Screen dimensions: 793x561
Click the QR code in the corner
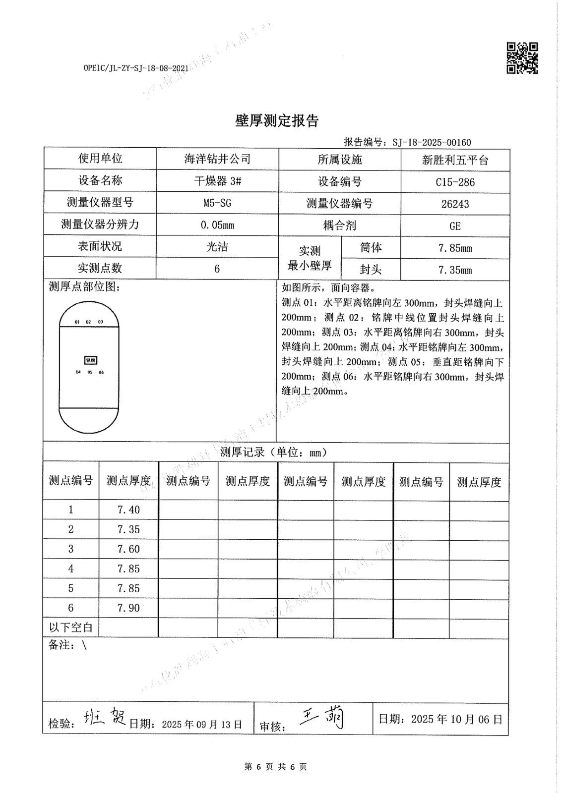[x=522, y=58]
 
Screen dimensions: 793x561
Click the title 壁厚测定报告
[x=276, y=120]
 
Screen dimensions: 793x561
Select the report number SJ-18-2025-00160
[x=432, y=143]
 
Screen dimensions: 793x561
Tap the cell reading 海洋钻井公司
[x=217, y=159]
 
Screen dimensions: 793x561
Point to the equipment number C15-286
[x=455, y=182]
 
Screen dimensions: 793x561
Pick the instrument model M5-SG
[x=217, y=203]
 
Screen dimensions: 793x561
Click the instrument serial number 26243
[x=455, y=204]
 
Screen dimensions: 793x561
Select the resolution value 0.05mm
[x=217, y=225]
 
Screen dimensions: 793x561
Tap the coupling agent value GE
[x=455, y=226]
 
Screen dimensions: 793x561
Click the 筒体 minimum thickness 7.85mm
[x=455, y=248]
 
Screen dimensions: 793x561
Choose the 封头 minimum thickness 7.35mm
[x=455, y=270]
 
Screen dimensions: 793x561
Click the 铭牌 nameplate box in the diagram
[x=90, y=359]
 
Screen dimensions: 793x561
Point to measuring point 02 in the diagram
[x=88, y=322]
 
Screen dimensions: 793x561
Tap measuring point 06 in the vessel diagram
[x=101, y=372]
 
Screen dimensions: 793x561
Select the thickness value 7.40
[x=128, y=510]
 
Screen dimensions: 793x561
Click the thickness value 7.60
[x=128, y=549]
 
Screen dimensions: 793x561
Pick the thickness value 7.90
[x=128, y=608]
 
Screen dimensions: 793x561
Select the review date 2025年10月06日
[x=456, y=719]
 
